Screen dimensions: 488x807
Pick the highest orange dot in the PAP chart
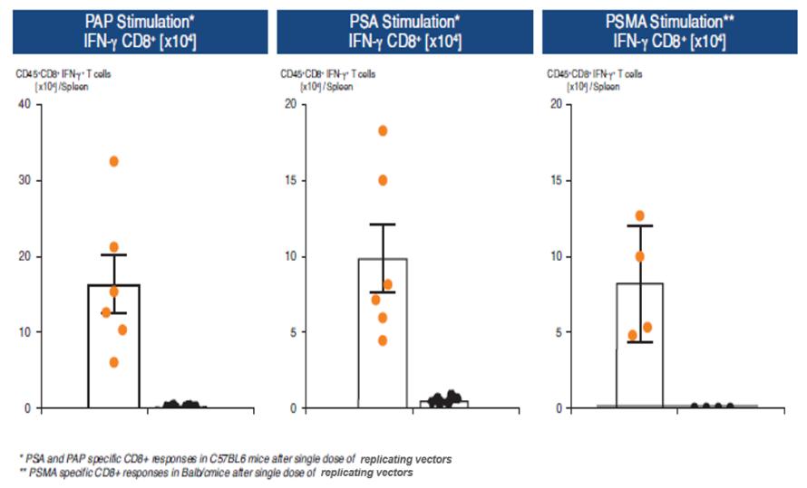click(x=114, y=161)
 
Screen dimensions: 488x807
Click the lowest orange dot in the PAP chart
click(x=114, y=362)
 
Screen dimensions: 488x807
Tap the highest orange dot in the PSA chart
click(x=383, y=130)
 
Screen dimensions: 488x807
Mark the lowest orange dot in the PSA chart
click(x=383, y=340)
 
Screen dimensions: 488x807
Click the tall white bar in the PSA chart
click(x=383, y=362)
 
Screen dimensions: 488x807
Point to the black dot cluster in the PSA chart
click(x=443, y=399)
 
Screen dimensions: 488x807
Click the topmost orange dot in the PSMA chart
click(x=640, y=215)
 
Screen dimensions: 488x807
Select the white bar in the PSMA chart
click(x=640, y=362)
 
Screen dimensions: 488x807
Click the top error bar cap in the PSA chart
click(x=383, y=224)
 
